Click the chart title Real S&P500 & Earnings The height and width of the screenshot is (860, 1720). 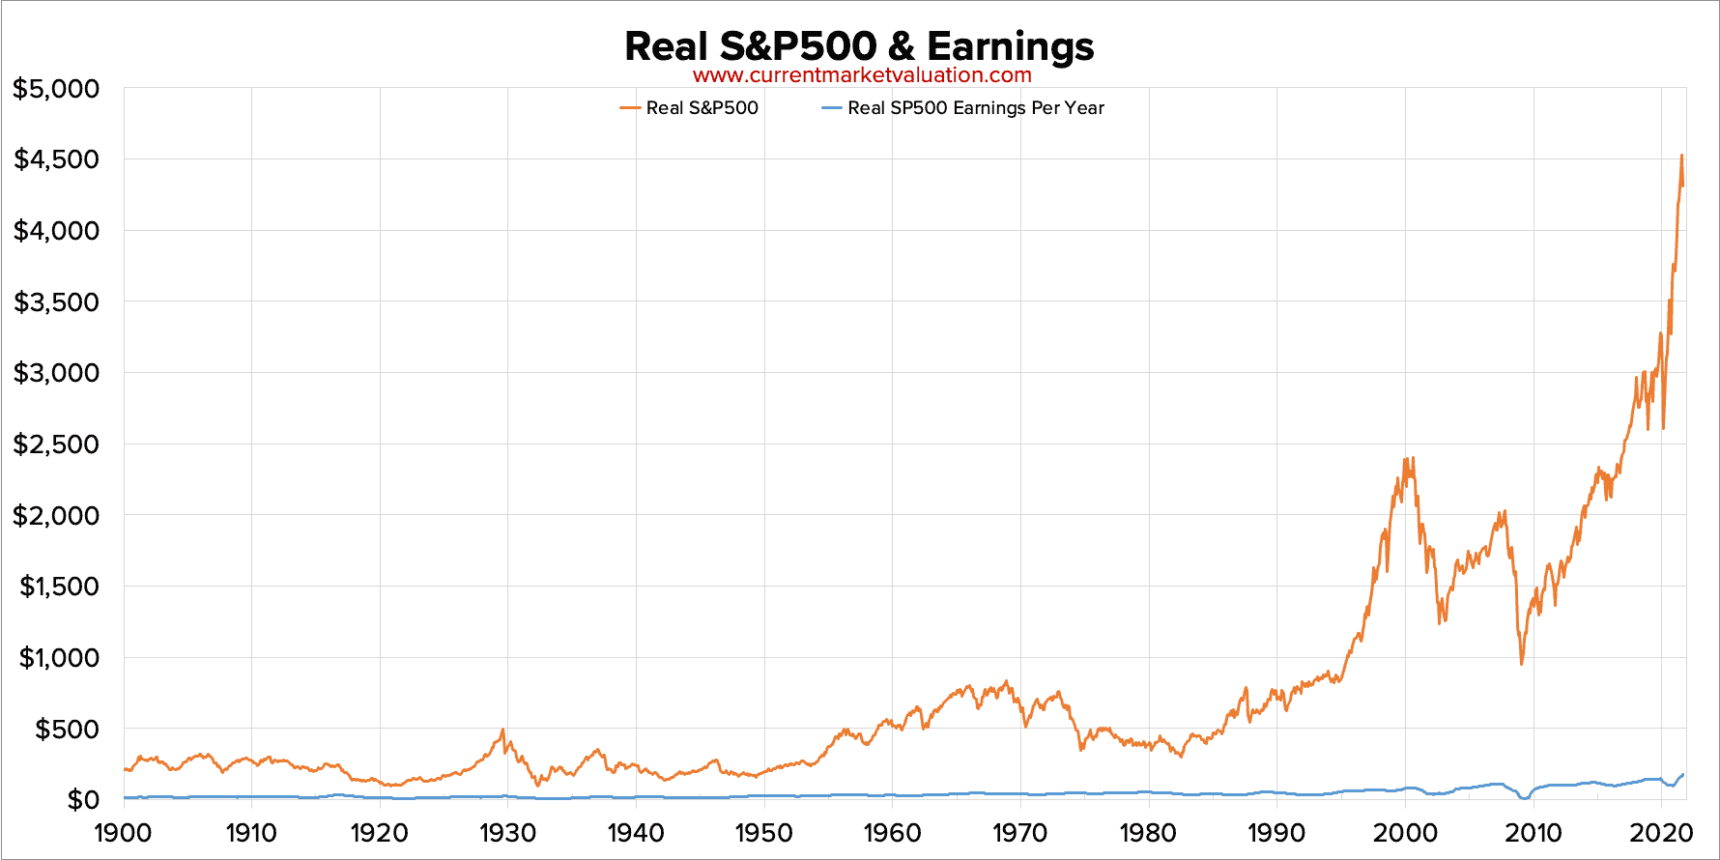pyautogui.click(x=859, y=45)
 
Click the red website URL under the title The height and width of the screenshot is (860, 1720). pyautogui.click(x=862, y=75)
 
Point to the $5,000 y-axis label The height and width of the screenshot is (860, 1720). pyautogui.click(x=56, y=89)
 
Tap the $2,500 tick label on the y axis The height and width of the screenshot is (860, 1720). pyautogui.click(x=56, y=444)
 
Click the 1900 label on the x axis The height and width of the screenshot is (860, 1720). pyautogui.click(x=124, y=833)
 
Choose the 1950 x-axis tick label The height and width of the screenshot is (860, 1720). pyautogui.click(x=764, y=833)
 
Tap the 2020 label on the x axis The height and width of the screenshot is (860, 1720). pyautogui.click(x=1661, y=833)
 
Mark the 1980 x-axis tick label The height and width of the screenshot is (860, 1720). pyautogui.click(x=1148, y=833)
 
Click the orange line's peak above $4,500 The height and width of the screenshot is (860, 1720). pyautogui.click(x=1681, y=156)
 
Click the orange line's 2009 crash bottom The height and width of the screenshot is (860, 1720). pyautogui.click(x=1522, y=663)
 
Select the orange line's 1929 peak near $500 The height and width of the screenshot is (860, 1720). pyautogui.click(x=502, y=731)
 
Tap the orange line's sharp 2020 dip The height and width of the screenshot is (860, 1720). pyautogui.click(x=1663, y=427)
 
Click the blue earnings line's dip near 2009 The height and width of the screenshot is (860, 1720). pyautogui.click(x=1524, y=797)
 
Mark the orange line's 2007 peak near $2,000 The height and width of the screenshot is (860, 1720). pyautogui.click(x=1505, y=512)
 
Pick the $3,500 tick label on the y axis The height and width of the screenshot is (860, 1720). pyautogui.click(x=56, y=302)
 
